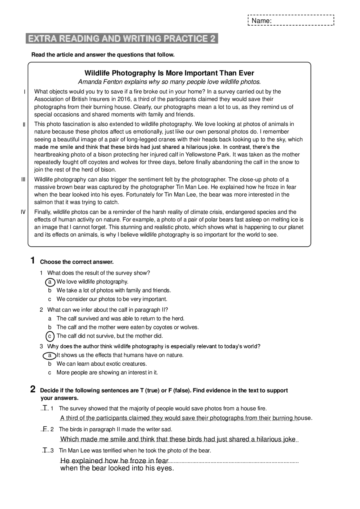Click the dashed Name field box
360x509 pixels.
click(291, 20)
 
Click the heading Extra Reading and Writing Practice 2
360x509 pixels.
click(122, 39)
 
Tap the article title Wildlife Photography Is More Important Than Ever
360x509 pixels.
click(169, 73)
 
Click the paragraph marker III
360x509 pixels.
click(23, 180)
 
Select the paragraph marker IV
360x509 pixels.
click(23, 212)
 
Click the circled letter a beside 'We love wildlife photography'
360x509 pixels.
click(50, 282)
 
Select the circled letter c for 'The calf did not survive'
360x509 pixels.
click(50, 336)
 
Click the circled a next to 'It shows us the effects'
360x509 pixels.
click(49, 356)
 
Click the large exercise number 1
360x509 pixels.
click(33, 261)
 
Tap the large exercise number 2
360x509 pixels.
click(33, 390)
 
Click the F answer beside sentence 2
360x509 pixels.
click(45, 429)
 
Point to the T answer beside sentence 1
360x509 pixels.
click(45, 408)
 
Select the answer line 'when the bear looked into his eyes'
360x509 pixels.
click(117, 468)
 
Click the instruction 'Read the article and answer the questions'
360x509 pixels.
click(103, 55)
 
